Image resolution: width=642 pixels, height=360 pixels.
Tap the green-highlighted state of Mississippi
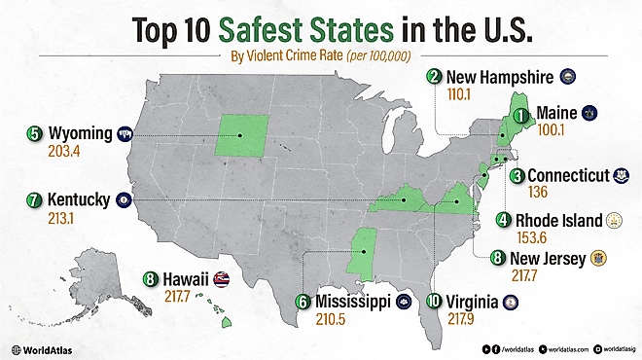363,251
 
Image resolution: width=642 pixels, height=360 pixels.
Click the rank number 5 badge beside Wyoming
34,133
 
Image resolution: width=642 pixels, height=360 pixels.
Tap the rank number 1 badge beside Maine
522,116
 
